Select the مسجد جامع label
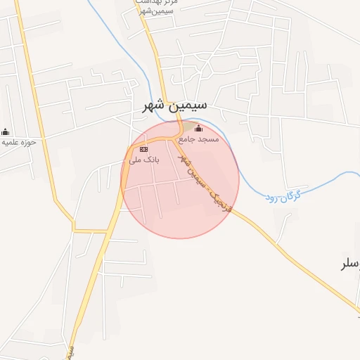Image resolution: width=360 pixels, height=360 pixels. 199,139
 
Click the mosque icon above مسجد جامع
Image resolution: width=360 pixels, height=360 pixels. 198,128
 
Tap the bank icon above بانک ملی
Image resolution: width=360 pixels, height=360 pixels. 143,149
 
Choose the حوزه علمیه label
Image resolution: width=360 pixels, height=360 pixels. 18,142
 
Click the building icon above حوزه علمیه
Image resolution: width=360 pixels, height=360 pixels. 6,131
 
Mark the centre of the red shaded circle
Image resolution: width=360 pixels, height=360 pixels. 180,179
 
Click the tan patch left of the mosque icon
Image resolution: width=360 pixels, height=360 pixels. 184,127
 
